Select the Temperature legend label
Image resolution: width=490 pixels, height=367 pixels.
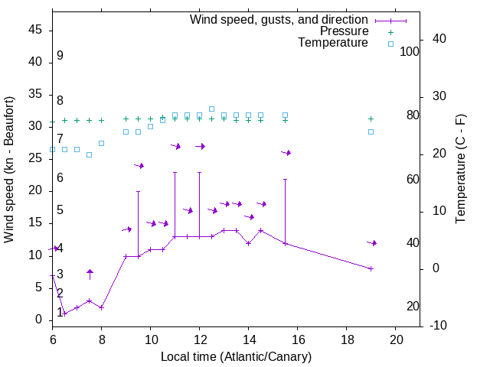pyautogui.click(x=333, y=43)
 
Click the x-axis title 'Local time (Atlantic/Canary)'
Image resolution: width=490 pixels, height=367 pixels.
pyautogui.click(x=236, y=356)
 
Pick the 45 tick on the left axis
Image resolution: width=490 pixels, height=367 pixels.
pyautogui.click(x=36, y=31)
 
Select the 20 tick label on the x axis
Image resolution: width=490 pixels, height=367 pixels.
pyautogui.click(x=396, y=339)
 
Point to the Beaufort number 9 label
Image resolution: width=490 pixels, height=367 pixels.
pyautogui.click(x=60, y=56)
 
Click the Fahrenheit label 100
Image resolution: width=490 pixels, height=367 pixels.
pyautogui.click(x=410, y=51)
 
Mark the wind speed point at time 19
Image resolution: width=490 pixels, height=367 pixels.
pyautogui.click(x=371, y=268)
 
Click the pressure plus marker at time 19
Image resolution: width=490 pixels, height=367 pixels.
pyautogui.click(x=371, y=119)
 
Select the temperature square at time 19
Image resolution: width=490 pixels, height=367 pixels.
pyautogui.click(x=371, y=132)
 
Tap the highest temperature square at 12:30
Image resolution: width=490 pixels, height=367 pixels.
pyautogui.click(x=211, y=109)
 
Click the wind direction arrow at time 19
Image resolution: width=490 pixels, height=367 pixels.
pyautogui.click(x=372, y=242)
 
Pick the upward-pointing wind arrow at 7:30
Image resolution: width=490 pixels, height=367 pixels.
pyautogui.click(x=90, y=273)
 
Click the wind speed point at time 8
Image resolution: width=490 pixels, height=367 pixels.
pyautogui.click(x=101, y=307)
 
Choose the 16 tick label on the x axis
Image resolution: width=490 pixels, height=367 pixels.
pyautogui.click(x=298, y=339)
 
